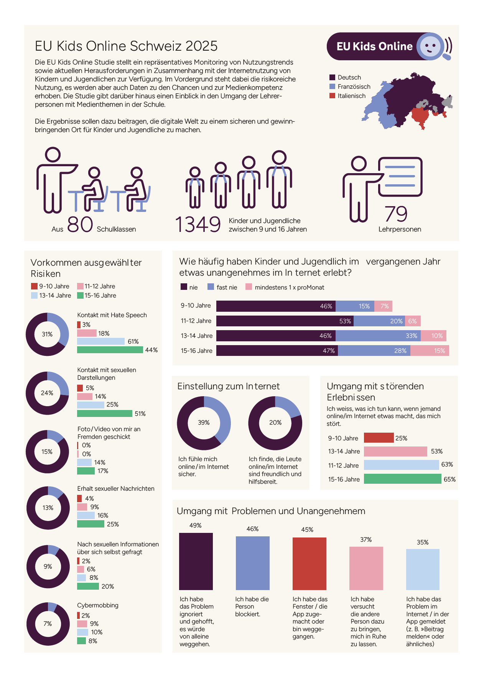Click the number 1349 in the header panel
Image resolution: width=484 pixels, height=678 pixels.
coord(198,225)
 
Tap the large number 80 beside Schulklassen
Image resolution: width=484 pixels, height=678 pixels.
coord(80,225)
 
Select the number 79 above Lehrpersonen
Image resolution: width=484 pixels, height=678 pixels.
coord(396,214)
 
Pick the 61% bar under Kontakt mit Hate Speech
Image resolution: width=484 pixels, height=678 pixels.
coord(101,341)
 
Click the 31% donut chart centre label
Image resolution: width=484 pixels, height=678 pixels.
coord(47,334)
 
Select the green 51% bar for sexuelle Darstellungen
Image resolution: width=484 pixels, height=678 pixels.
coord(105,413)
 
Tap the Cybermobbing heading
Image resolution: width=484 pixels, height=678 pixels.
coord(98,605)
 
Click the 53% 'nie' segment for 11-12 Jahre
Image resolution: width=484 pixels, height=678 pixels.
coord(285,321)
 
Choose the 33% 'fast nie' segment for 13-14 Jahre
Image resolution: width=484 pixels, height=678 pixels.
coord(378,336)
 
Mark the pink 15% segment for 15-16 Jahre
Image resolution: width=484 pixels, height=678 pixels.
coord(430,351)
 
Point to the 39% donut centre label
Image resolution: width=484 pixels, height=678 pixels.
coord(204,423)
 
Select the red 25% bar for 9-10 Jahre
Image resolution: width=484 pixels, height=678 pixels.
coord(379,438)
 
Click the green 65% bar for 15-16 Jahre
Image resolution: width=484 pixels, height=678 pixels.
coord(402,479)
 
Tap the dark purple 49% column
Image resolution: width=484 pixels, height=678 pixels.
coord(196,561)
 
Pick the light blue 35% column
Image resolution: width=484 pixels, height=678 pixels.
coord(423,569)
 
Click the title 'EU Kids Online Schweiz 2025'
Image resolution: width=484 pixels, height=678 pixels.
coord(126,46)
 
